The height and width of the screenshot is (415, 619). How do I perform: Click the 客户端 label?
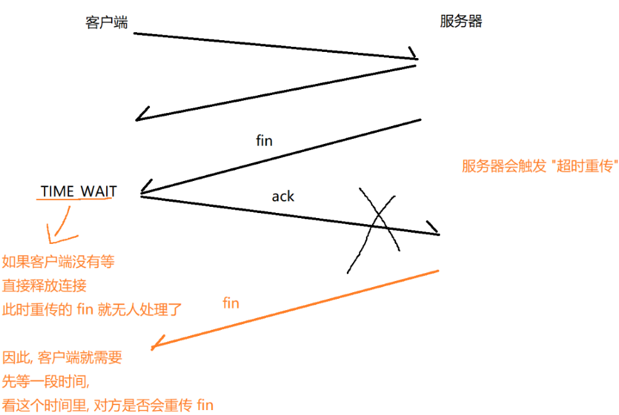click(106, 22)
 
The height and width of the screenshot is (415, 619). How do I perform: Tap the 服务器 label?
click(461, 22)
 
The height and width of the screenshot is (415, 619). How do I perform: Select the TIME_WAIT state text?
click(78, 191)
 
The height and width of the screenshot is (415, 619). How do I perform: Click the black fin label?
click(264, 141)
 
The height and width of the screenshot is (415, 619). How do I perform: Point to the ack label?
click(283, 196)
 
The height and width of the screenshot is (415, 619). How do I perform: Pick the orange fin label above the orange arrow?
click(230, 303)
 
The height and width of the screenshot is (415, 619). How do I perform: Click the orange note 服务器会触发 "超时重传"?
click(539, 167)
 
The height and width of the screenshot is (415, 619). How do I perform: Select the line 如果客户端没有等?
click(59, 262)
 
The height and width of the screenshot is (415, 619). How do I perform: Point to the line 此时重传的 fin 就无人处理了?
click(92, 309)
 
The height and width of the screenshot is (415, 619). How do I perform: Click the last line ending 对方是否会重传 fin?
click(108, 405)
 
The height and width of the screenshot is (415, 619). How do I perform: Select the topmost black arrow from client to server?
click(275, 46)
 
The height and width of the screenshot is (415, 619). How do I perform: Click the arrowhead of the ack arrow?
click(433, 230)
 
